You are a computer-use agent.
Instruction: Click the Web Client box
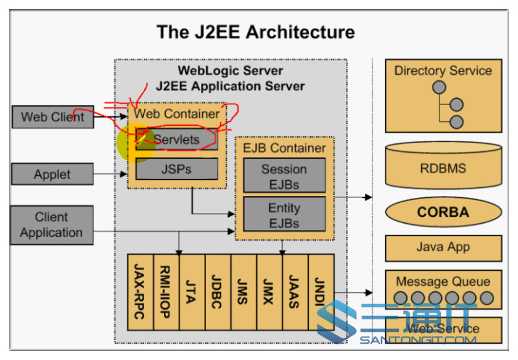point(52,117)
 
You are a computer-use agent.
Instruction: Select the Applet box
point(52,175)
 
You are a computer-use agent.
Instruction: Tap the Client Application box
point(51,225)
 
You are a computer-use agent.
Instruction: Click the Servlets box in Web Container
point(178,139)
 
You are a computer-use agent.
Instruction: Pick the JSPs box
point(176,169)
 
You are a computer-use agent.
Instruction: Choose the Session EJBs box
point(284,177)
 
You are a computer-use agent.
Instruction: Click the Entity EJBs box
point(284,215)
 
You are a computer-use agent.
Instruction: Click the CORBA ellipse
point(443,212)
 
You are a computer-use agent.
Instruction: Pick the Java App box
point(443,247)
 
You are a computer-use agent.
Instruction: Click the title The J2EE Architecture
point(256,31)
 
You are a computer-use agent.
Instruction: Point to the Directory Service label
point(443,70)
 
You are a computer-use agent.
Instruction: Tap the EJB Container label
point(284,148)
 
